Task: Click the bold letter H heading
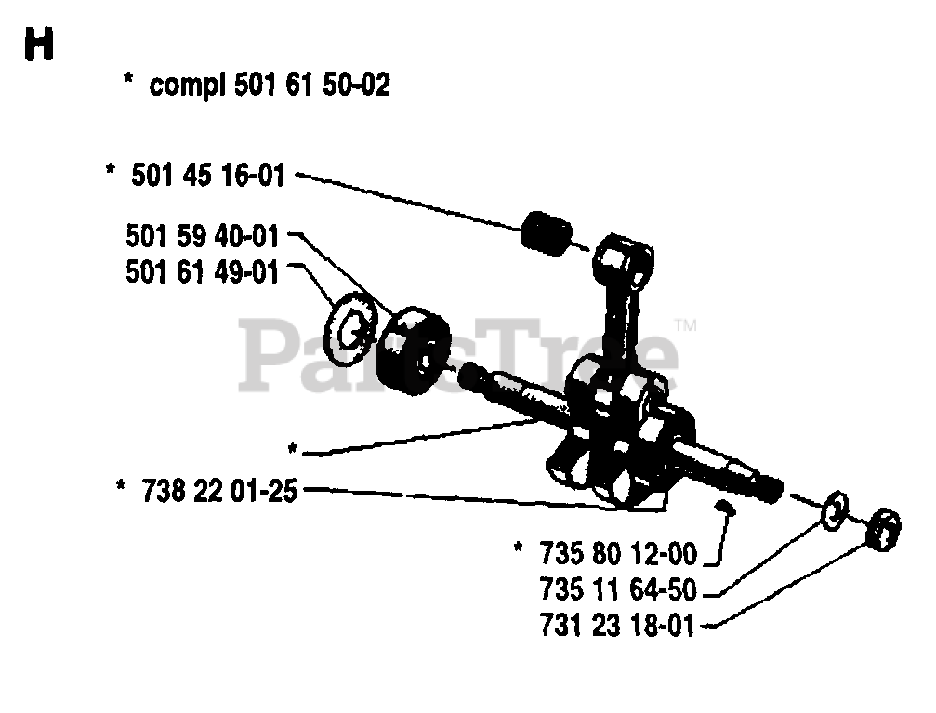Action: point(39,45)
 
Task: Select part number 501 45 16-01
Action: point(207,176)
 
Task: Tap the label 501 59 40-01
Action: point(203,236)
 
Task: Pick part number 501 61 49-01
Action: point(203,272)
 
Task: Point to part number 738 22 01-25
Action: point(219,492)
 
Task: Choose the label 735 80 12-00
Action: point(618,553)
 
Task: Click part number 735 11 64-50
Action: point(618,589)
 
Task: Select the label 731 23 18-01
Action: point(618,626)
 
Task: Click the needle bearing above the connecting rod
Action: point(547,233)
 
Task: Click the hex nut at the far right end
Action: point(883,530)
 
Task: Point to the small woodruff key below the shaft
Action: point(726,508)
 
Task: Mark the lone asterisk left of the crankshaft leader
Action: point(293,448)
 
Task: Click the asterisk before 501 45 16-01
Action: point(111,169)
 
